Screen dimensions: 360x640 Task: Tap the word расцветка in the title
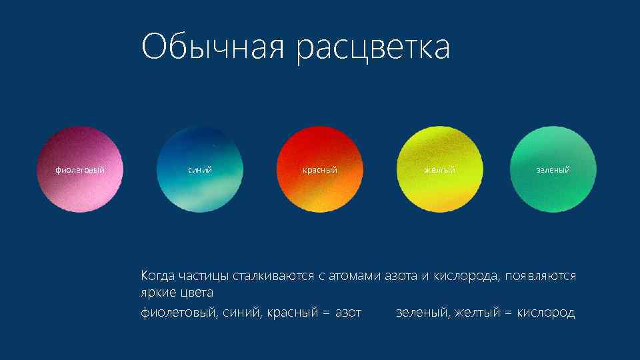[x=373, y=48]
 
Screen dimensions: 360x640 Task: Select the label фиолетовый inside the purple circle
[x=80, y=170]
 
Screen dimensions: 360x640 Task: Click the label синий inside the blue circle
[x=199, y=170]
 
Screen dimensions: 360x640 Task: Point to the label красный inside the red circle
[x=320, y=170]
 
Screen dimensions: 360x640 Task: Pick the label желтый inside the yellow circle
[x=440, y=170]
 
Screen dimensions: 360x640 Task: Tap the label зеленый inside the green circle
[x=553, y=170]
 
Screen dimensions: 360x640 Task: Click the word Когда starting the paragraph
[x=157, y=275]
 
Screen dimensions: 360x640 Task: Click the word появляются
[x=541, y=275]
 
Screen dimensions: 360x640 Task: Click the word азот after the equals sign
[x=348, y=313]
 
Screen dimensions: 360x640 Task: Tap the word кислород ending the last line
[x=546, y=313]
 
